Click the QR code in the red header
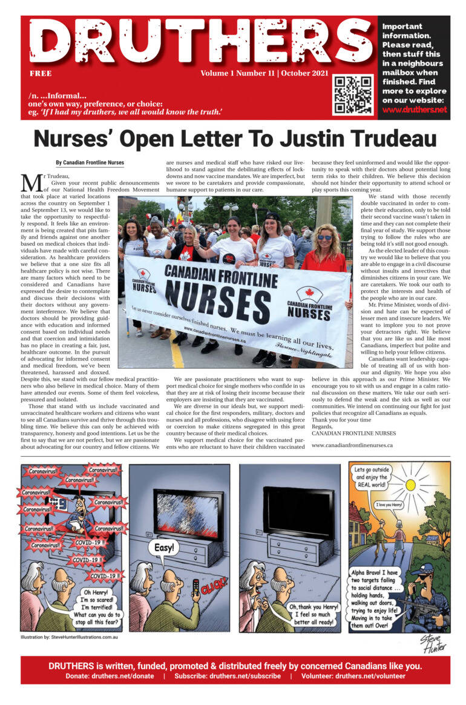click(x=353, y=94)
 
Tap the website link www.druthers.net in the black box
click(x=415, y=110)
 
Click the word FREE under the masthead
click(x=41, y=74)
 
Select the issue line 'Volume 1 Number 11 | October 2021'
click(x=265, y=74)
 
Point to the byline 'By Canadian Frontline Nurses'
click(x=90, y=163)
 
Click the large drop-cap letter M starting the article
click(x=30, y=183)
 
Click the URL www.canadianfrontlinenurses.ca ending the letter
click(x=352, y=445)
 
